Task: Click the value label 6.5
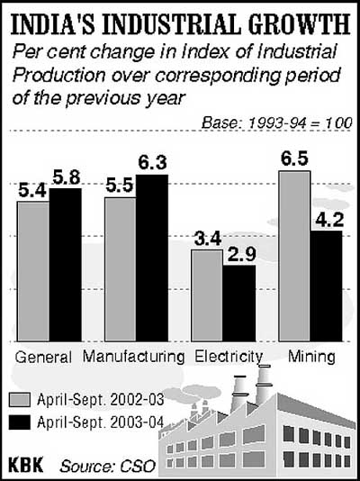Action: click(294, 157)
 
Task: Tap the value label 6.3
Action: click(152, 162)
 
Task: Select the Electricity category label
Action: click(229, 357)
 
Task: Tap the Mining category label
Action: click(311, 357)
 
